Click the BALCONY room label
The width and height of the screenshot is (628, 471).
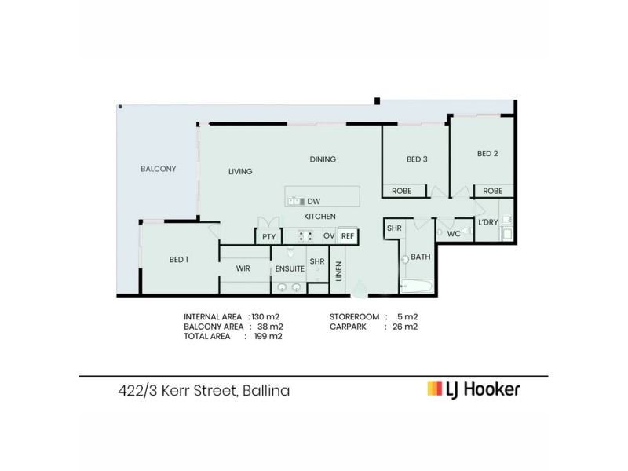pyautogui.click(x=158, y=169)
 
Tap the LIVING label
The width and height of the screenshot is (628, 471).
pyautogui.click(x=239, y=171)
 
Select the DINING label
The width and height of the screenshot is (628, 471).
pyautogui.click(x=322, y=159)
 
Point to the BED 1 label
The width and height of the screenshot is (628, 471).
pyautogui.click(x=178, y=260)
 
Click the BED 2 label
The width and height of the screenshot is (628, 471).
pyautogui.click(x=487, y=154)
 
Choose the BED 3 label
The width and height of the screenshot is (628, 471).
pyautogui.click(x=417, y=159)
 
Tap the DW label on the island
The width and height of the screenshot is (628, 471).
pyautogui.click(x=314, y=200)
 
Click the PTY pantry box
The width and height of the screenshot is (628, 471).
pyautogui.click(x=268, y=236)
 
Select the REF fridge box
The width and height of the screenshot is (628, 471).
pyautogui.click(x=348, y=236)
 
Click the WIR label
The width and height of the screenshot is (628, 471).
pyautogui.click(x=243, y=268)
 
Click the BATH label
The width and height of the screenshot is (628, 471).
pyautogui.click(x=421, y=257)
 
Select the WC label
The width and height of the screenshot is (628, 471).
pyautogui.click(x=453, y=234)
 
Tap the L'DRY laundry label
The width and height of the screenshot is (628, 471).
pyautogui.click(x=487, y=222)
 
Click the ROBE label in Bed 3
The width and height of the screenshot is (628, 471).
pyautogui.click(x=401, y=191)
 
